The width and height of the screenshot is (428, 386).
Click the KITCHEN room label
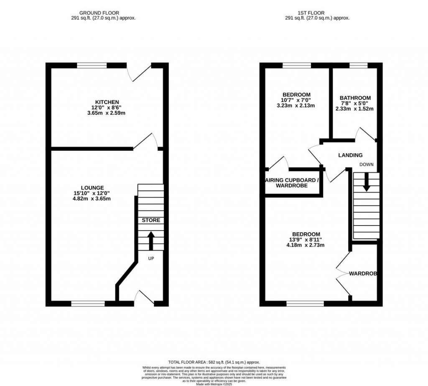[x=107, y=102]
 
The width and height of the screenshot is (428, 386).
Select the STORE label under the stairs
[x=151, y=220]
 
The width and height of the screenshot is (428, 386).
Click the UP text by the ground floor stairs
[x=151, y=259]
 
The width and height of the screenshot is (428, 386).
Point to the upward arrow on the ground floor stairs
[x=151, y=241]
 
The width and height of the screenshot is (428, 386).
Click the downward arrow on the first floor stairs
[x=366, y=183]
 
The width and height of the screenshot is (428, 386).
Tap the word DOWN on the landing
[x=366, y=165]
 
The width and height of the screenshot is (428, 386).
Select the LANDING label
[x=350, y=155]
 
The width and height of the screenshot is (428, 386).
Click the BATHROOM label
[x=355, y=98]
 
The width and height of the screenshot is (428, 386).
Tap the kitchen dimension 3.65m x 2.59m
[x=107, y=113]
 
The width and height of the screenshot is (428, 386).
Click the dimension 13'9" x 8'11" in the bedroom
[x=306, y=240]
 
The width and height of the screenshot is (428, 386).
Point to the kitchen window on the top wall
[x=92, y=65]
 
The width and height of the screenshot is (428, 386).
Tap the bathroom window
[x=358, y=65]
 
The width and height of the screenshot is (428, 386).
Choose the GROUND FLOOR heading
[x=107, y=13]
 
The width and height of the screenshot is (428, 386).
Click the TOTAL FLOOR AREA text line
[x=214, y=362]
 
